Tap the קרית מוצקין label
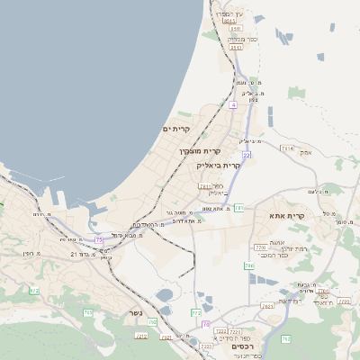click(199, 151)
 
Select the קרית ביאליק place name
click(218, 166)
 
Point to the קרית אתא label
click(287, 216)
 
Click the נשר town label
click(134, 314)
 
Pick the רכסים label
click(242, 346)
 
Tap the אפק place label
click(307, 153)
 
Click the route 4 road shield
click(232, 105)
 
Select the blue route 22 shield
click(246, 155)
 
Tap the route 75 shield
click(99, 238)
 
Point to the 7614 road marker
click(286, 148)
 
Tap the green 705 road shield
click(88, 312)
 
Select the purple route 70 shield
click(205, 324)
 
